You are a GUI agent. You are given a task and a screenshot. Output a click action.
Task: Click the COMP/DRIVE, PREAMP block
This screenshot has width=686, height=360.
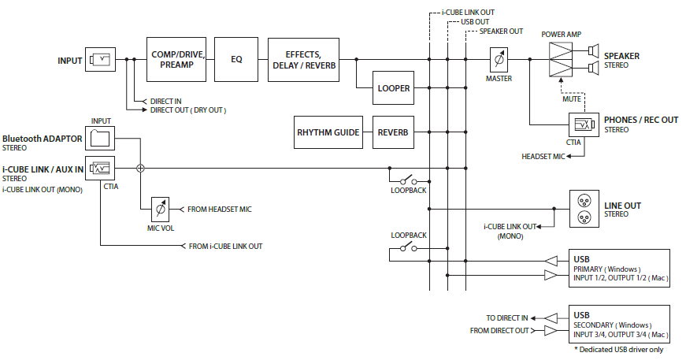tap(179, 59)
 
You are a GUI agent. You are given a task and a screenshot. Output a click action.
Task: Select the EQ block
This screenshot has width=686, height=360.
tap(236, 59)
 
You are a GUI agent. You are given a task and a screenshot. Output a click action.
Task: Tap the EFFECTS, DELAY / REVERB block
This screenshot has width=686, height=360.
tap(303, 59)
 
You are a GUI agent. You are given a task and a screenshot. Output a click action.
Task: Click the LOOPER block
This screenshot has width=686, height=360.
tap(394, 88)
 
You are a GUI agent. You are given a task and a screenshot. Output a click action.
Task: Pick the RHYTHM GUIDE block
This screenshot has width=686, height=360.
tap(328, 132)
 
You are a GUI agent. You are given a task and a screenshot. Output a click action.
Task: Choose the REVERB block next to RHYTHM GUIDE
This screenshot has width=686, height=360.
tap(394, 132)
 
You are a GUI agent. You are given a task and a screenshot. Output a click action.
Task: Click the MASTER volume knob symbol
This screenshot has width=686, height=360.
tap(498, 59)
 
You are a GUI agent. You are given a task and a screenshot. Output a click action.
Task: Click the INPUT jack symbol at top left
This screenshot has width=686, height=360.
tap(101, 60)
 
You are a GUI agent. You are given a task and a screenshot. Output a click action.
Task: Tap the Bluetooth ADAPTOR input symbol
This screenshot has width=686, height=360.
tap(101, 139)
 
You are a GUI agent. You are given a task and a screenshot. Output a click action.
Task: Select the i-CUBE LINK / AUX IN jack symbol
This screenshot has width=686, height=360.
tap(101, 168)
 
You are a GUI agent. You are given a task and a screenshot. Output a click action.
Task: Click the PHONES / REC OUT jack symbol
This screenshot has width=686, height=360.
tap(584, 124)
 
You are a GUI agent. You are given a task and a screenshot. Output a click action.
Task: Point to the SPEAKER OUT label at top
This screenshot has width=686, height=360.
tap(501, 32)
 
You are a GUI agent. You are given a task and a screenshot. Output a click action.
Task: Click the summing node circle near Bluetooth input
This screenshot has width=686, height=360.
tap(141, 168)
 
